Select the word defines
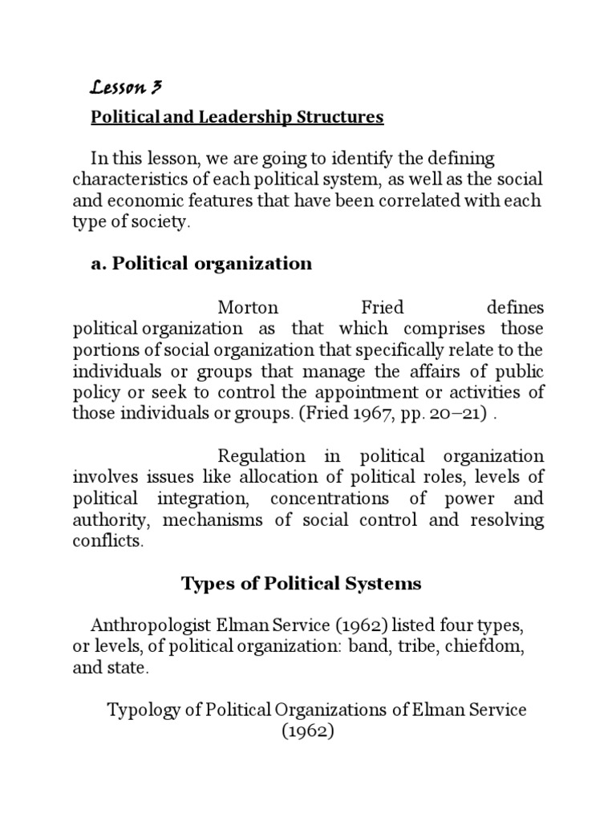pyautogui.click(x=515, y=308)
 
